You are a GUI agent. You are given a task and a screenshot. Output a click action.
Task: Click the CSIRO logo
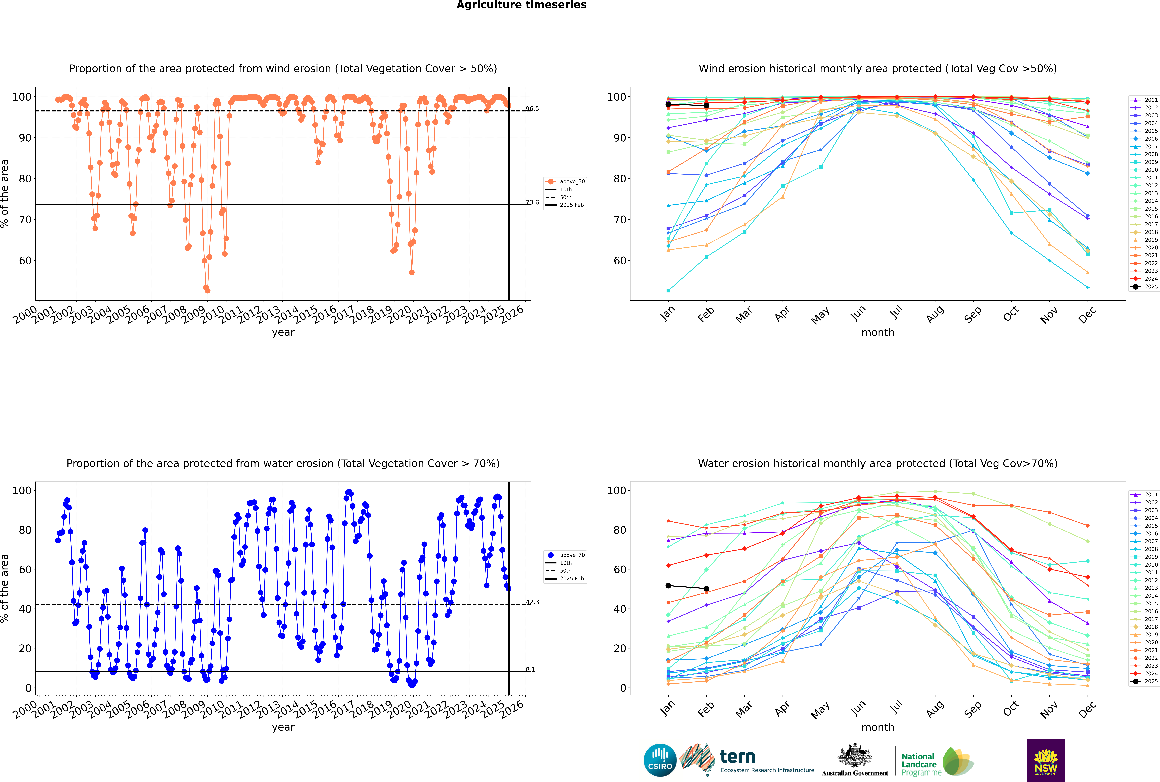point(660,760)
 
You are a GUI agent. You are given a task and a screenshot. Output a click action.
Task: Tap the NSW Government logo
point(1046,760)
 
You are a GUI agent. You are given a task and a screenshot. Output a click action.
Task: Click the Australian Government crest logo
point(855,760)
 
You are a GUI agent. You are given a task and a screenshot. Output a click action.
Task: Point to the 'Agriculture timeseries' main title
point(521,5)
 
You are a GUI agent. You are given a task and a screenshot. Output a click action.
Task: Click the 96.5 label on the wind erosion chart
point(532,109)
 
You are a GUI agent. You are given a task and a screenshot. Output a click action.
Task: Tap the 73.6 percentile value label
point(532,202)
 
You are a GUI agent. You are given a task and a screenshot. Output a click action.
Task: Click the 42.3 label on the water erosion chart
point(532,602)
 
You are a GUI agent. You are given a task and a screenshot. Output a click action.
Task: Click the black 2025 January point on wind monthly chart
point(668,105)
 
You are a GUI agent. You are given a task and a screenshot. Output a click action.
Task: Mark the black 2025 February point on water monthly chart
point(706,589)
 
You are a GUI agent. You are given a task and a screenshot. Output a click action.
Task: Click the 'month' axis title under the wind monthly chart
point(878,333)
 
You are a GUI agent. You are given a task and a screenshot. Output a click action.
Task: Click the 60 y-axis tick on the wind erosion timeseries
point(25,261)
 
